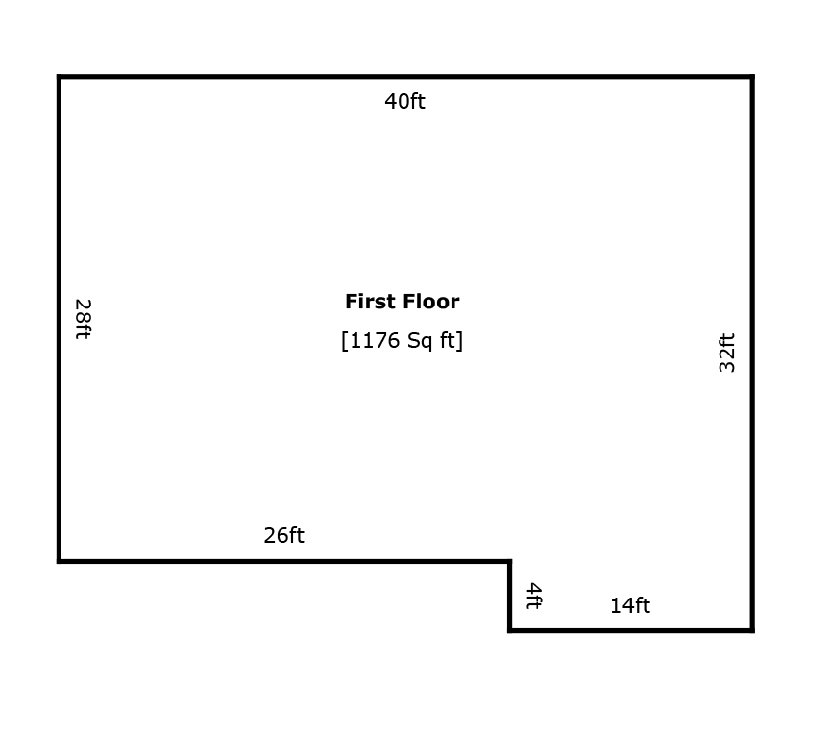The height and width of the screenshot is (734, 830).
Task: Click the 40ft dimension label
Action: coord(404,101)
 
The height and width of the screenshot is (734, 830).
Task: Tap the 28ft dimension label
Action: coord(84,319)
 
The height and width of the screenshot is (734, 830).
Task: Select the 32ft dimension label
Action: coord(727,353)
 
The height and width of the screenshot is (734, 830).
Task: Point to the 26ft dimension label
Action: coord(283,535)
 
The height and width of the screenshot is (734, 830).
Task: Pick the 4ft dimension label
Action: coord(534,596)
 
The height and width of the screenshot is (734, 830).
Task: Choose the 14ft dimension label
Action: coord(630,605)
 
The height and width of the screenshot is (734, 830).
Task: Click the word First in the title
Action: coord(367,302)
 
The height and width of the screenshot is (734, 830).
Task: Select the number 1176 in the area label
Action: coord(375,340)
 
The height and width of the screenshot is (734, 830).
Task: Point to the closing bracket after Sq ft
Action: coord(460,341)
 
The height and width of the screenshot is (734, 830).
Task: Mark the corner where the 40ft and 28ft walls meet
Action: coord(59,77)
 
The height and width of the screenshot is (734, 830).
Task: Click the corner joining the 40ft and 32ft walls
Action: coord(752,77)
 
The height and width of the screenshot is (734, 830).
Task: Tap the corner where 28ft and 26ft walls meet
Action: coord(59,561)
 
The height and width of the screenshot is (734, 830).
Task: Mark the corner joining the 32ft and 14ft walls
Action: coord(752,630)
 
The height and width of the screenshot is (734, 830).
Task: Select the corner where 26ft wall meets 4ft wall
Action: coord(510,561)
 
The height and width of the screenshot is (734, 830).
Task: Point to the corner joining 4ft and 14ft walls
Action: coord(510,630)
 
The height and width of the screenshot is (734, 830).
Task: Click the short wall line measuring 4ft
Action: coord(510,596)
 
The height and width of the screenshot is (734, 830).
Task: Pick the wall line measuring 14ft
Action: coord(631,630)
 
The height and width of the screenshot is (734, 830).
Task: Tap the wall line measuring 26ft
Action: coord(284,561)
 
